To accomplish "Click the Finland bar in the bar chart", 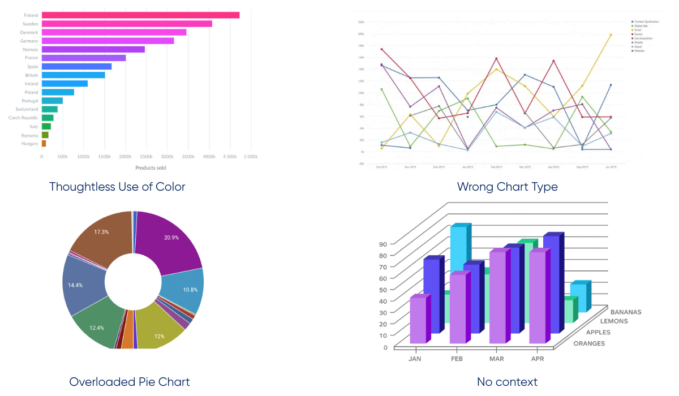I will pos(140,15).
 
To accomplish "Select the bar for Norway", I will pos(93,49).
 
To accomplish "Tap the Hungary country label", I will pos(30,144).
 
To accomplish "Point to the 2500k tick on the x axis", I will pos(146,156).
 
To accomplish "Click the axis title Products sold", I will pos(151,167).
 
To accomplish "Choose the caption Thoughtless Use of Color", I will pos(117,187).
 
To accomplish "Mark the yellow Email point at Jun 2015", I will pos(611,35).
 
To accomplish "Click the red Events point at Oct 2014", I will pos(382,49).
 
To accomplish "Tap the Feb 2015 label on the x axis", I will pos(496,167).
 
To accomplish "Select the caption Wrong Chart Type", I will pos(508,187).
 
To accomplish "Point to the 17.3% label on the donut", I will pos(102,233).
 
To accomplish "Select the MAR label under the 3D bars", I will pos(497,359).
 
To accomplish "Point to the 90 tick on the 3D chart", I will pos(383,244).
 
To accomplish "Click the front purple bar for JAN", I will pos(418,320).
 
